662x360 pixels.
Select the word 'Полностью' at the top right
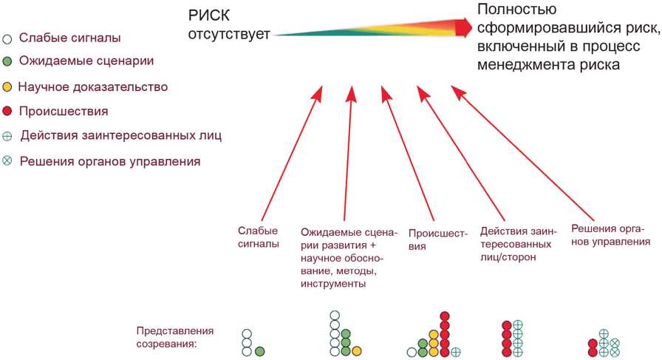[x=517, y=10]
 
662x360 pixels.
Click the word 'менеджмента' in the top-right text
[x=525, y=65]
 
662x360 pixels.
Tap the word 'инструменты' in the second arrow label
[x=333, y=283]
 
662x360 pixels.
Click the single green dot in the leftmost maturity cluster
[x=259, y=351]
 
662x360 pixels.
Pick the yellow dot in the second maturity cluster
[x=357, y=350]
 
